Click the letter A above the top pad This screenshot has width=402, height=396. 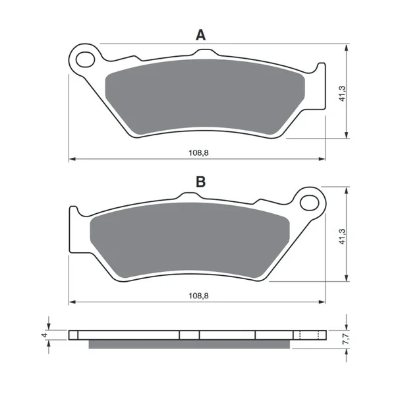(200, 35)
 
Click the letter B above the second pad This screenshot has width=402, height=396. (200, 181)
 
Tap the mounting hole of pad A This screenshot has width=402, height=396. (86, 59)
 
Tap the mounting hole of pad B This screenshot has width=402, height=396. (310, 203)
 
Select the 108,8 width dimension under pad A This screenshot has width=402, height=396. (198, 153)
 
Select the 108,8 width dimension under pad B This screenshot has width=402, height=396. (198, 296)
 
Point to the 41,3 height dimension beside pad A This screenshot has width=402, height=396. (343, 94)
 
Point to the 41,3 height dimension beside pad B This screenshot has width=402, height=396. (343, 236)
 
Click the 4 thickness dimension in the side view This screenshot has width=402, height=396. (45, 335)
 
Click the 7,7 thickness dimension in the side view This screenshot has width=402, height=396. (345, 339)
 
